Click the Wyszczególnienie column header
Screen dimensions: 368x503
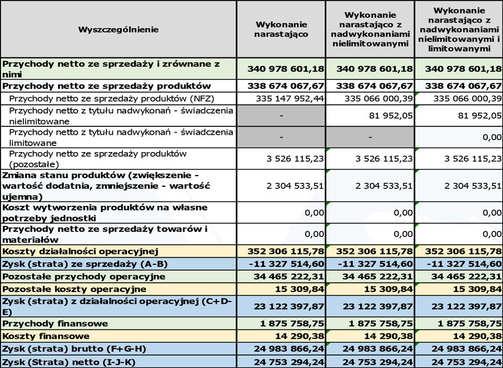(x=118, y=29)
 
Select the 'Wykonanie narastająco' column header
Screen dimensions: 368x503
(x=281, y=29)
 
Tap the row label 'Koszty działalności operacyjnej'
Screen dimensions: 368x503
(x=81, y=251)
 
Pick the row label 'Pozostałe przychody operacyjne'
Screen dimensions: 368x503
(x=84, y=276)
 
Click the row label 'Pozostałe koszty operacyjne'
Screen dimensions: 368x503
(x=74, y=289)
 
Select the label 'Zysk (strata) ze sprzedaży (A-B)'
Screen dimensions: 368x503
(x=85, y=264)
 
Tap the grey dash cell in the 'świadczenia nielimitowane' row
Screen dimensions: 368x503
(x=281, y=116)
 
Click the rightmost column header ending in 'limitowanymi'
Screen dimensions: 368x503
(x=459, y=29)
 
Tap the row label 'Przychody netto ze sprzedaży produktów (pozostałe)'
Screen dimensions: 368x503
(x=98, y=159)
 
